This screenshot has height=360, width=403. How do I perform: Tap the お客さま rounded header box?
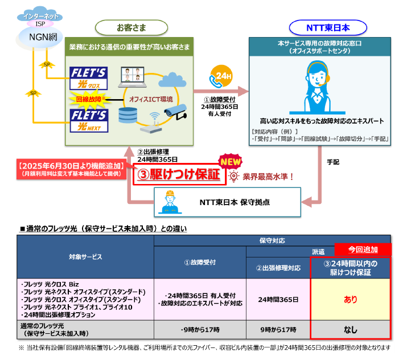click(131, 27)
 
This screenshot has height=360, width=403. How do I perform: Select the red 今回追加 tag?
click(363, 249)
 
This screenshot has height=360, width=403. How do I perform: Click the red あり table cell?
click(350, 299)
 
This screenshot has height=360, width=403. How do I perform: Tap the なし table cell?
click(350, 329)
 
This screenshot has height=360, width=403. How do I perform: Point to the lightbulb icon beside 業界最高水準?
click(233, 176)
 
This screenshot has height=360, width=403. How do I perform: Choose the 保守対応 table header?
click(272, 240)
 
